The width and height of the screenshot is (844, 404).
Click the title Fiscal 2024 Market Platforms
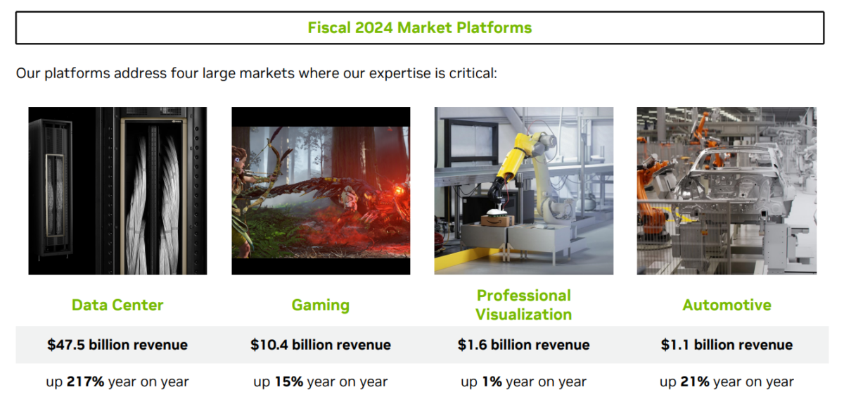point(419,28)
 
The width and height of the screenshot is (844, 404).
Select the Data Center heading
point(117,305)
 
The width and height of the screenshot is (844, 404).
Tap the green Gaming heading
point(320,305)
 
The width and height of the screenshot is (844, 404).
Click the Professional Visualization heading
point(523,305)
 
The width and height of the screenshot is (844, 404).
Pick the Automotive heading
point(727,305)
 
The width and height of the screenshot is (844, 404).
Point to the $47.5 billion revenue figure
point(117,345)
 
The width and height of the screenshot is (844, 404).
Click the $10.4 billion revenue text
point(320,345)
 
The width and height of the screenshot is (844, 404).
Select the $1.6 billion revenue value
point(523,345)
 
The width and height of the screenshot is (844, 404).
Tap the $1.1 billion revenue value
point(727,345)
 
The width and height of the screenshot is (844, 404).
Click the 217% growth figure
point(86,382)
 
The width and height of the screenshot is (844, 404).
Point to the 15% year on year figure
point(288,382)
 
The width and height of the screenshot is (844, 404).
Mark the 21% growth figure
point(695,382)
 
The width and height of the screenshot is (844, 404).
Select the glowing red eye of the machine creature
point(399,191)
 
